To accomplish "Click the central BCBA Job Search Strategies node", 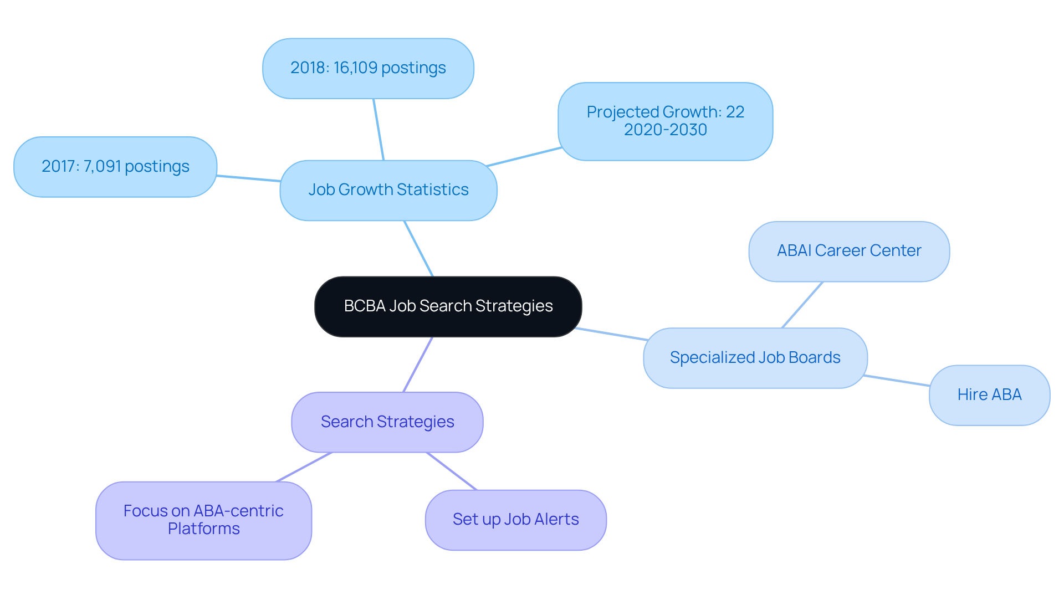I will point(448,306).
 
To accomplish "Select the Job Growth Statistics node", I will point(388,190).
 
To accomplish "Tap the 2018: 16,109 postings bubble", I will point(368,68).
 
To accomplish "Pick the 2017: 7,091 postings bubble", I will point(115,167).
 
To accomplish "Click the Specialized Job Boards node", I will point(755,358).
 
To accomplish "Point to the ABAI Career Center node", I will point(848,251).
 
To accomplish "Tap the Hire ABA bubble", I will point(989,395).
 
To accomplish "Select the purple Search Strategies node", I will point(387,422).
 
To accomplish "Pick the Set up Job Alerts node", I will point(515,520).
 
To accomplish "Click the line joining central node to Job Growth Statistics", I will point(418,248).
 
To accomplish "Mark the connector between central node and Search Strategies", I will point(418,364).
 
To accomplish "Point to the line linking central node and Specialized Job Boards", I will point(611,334).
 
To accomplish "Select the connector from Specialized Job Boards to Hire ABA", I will point(897,381).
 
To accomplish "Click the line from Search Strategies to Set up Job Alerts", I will point(451,471).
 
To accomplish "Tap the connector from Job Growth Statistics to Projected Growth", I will point(524,157).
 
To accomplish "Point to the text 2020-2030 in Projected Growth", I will point(665,130).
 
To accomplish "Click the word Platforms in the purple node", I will point(203,529).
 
